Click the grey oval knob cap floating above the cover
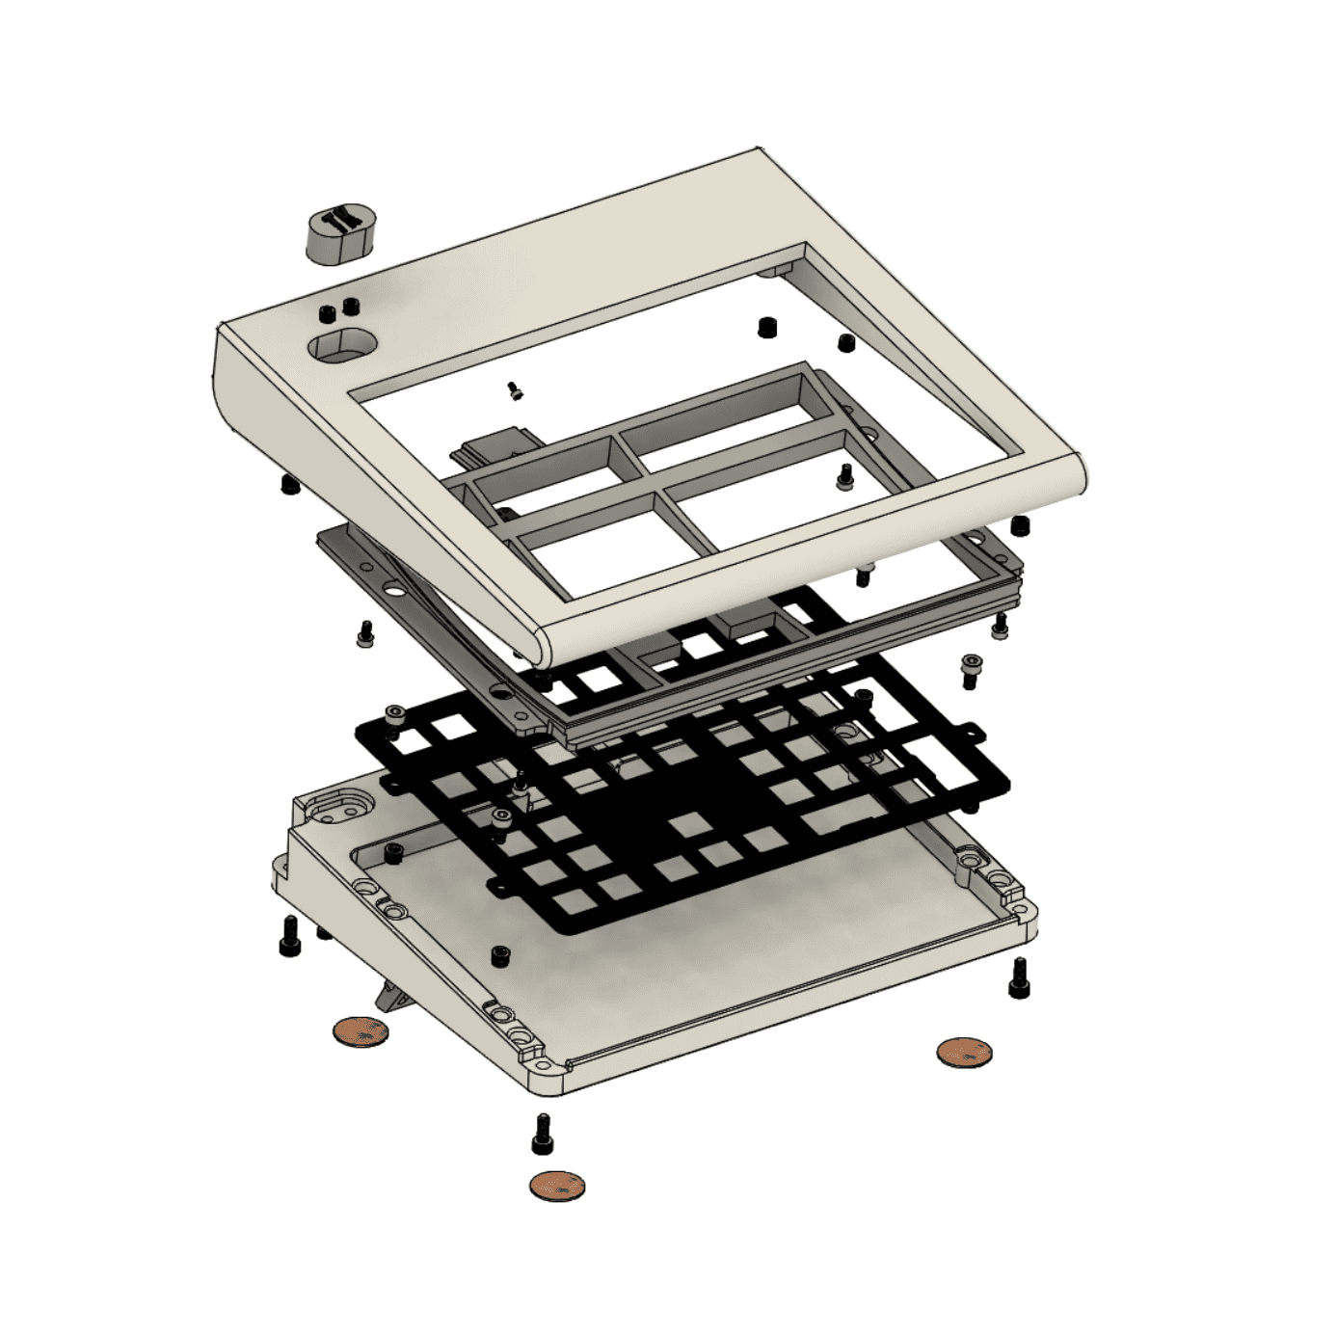tap(339, 232)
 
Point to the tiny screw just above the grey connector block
tap(515, 390)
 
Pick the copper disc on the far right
tap(964, 1051)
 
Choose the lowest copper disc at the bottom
tap(557, 1185)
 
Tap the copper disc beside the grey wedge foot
tap(361, 1032)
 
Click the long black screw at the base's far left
tap(288, 934)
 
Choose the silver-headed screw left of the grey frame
tap(365, 633)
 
